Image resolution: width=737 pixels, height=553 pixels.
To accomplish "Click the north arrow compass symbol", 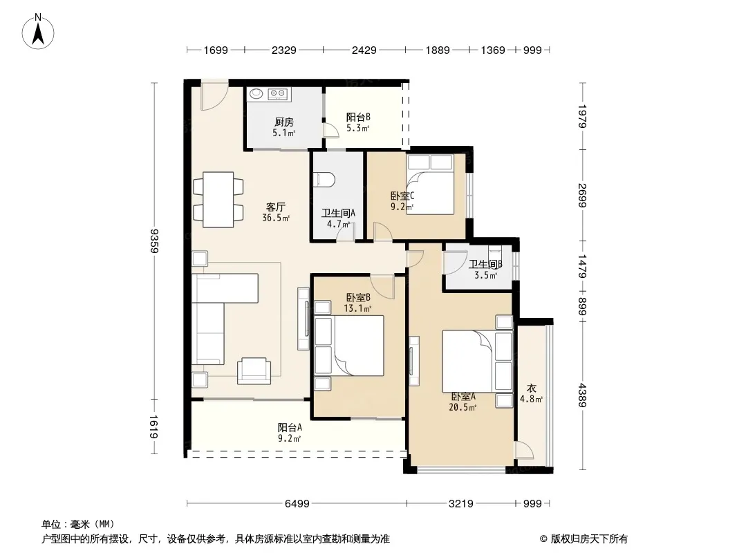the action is [x=38, y=32].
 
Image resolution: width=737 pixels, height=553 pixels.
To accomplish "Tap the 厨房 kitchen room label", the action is [x=284, y=122].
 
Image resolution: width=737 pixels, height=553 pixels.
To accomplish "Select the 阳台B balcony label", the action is [x=358, y=117].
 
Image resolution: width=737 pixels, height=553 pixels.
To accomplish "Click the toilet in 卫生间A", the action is [x=324, y=179].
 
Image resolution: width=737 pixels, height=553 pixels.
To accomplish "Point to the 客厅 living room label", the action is [x=276, y=207].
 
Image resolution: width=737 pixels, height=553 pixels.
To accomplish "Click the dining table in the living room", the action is [x=218, y=200].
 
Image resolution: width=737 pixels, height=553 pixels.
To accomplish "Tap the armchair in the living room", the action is [x=254, y=371].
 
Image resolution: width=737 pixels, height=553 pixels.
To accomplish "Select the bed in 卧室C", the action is [x=430, y=185].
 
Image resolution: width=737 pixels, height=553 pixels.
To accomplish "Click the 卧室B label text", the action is [x=358, y=297].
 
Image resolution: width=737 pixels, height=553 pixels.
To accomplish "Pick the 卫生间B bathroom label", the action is [x=485, y=265].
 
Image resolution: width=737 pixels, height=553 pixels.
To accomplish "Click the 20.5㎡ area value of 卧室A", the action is [x=463, y=407].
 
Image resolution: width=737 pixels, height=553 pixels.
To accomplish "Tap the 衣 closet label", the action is [x=531, y=388].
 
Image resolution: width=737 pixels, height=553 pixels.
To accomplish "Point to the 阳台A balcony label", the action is [x=290, y=428].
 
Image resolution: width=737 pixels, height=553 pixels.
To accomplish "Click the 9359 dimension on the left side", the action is [x=153, y=241].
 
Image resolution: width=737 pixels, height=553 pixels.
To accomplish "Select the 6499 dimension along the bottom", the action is [x=297, y=504].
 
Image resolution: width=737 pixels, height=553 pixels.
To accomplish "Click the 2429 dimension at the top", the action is [x=364, y=50].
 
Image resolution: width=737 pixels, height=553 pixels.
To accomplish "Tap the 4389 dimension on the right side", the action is [x=582, y=395].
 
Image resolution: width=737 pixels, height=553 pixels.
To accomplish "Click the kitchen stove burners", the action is [x=277, y=94].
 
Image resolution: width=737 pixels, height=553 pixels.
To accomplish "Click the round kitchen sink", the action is [x=256, y=94].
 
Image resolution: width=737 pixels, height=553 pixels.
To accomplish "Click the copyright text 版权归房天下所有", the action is [x=589, y=539].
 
